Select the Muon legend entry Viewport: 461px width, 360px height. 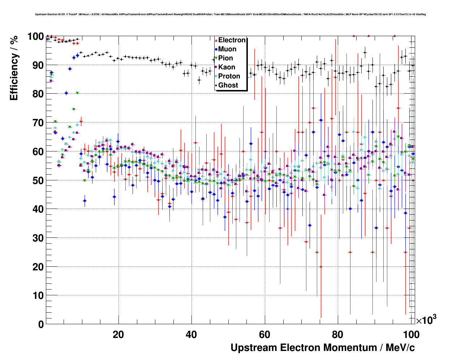[x=227, y=49]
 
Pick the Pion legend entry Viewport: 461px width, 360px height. [x=225, y=58]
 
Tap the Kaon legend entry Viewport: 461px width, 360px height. [x=227, y=67]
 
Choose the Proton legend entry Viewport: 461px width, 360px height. [x=229, y=76]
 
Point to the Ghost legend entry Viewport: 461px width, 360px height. [x=228, y=85]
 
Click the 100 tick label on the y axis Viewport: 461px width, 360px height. [x=35, y=37]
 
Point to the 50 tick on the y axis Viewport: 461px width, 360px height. [x=38, y=180]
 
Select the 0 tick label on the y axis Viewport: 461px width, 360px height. [x=41, y=325]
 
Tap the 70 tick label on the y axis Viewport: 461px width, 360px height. [x=38, y=123]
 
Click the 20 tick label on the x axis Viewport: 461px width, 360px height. [x=118, y=335]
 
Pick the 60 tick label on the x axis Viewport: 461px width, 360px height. [x=265, y=335]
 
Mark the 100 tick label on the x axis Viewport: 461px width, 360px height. [x=411, y=335]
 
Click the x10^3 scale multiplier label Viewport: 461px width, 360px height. [x=426, y=320]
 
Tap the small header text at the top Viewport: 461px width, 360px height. [x=230, y=14]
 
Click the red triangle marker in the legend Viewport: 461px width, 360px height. [x=216, y=40]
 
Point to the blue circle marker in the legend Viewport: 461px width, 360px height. [x=216, y=50]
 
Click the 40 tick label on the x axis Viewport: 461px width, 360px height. [x=191, y=335]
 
